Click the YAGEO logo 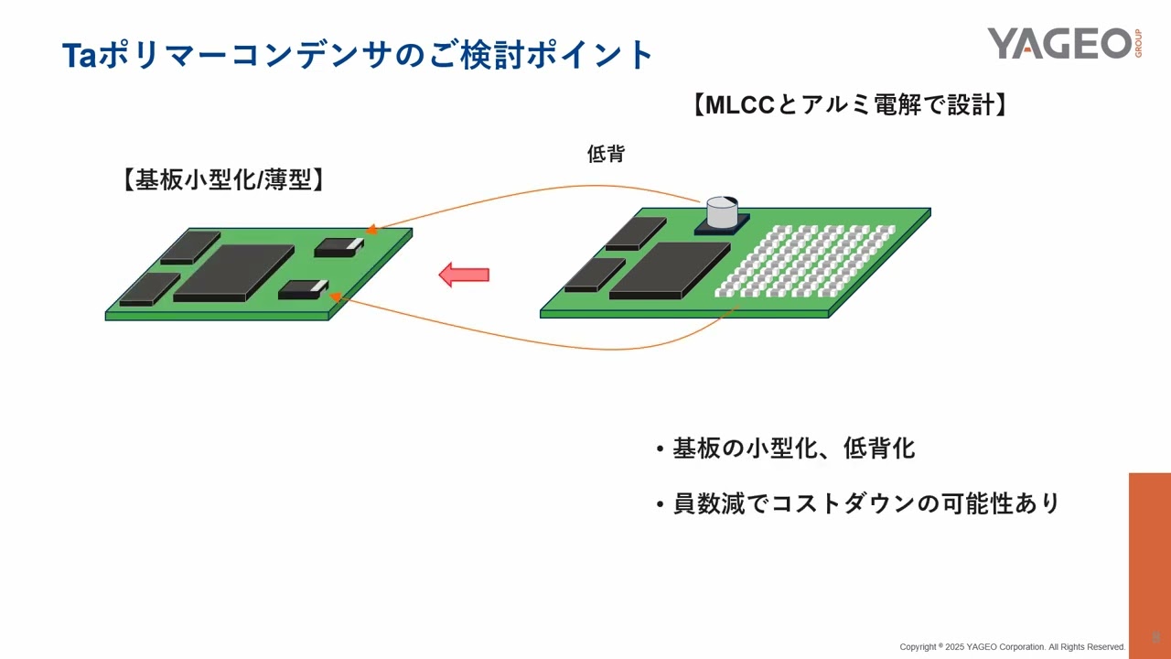pyautogui.click(x=1059, y=43)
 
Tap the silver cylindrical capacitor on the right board pyautogui.click(x=722, y=213)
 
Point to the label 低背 pyautogui.click(x=606, y=154)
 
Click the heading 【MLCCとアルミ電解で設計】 pyautogui.click(x=851, y=104)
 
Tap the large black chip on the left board pyautogui.click(x=233, y=272)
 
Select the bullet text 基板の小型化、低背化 pyautogui.click(x=793, y=448)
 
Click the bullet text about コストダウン pyautogui.click(x=865, y=503)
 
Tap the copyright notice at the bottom pyautogui.click(x=1012, y=647)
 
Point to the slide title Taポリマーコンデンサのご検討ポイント pyautogui.click(x=358, y=55)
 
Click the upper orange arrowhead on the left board pyautogui.click(x=371, y=230)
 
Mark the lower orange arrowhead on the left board pyautogui.click(x=336, y=297)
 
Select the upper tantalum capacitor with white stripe pyautogui.click(x=338, y=247)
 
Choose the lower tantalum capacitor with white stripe pyautogui.click(x=302, y=289)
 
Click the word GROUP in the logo pyautogui.click(x=1138, y=43)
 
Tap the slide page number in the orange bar pyautogui.click(x=1155, y=635)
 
